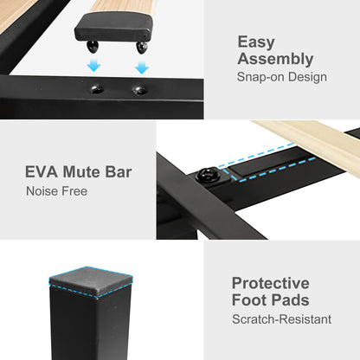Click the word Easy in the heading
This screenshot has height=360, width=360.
(x=256, y=42)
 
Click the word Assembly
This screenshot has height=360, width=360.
(x=275, y=59)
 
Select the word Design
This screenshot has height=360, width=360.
(x=307, y=77)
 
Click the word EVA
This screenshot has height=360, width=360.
(x=42, y=172)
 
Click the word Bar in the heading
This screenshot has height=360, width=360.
(x=119, y=172)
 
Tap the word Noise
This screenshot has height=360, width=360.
(x=42, y=191)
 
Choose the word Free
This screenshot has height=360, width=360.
(x=74, y=191)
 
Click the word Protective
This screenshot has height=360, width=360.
(x=271, y=283)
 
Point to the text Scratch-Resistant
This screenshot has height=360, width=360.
(x=282, y=319)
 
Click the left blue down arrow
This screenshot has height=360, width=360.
(x=93, y=65)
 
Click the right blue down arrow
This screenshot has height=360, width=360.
(x=142, y=67)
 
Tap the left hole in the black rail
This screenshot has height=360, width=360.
(x=97, y=89)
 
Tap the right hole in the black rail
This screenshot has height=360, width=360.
(x=140, y=90)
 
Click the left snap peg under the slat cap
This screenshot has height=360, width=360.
(x=93, y=47)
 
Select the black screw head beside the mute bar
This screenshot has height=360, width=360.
(x=208, y=175)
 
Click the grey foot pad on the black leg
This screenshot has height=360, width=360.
(x=91, y=282)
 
